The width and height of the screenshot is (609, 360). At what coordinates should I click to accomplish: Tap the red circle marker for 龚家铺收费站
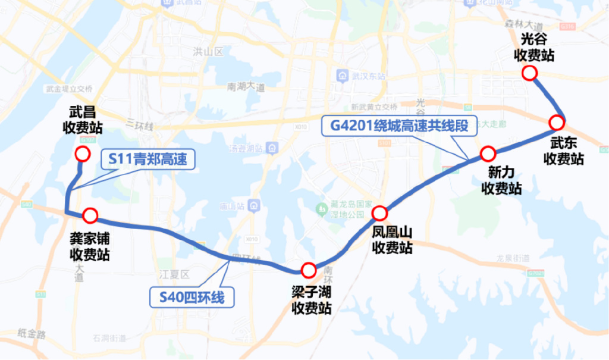click(90, 215)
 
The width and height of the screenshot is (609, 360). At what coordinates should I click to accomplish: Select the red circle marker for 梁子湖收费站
click(308, 271)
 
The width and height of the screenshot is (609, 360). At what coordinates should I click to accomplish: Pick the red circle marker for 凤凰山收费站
click(379, 213)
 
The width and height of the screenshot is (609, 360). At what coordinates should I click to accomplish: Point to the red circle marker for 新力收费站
click(488, 154)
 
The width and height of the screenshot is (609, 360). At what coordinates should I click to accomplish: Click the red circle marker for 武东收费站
click(557, 123)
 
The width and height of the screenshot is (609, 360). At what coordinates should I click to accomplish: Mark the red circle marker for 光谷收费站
click(529, 73)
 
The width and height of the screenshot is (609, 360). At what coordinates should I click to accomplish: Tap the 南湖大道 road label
click(246, 87)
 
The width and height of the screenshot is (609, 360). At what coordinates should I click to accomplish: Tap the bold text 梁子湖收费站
click(311, 299)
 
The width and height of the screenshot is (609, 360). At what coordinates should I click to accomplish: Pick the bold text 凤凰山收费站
click(392, 239)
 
